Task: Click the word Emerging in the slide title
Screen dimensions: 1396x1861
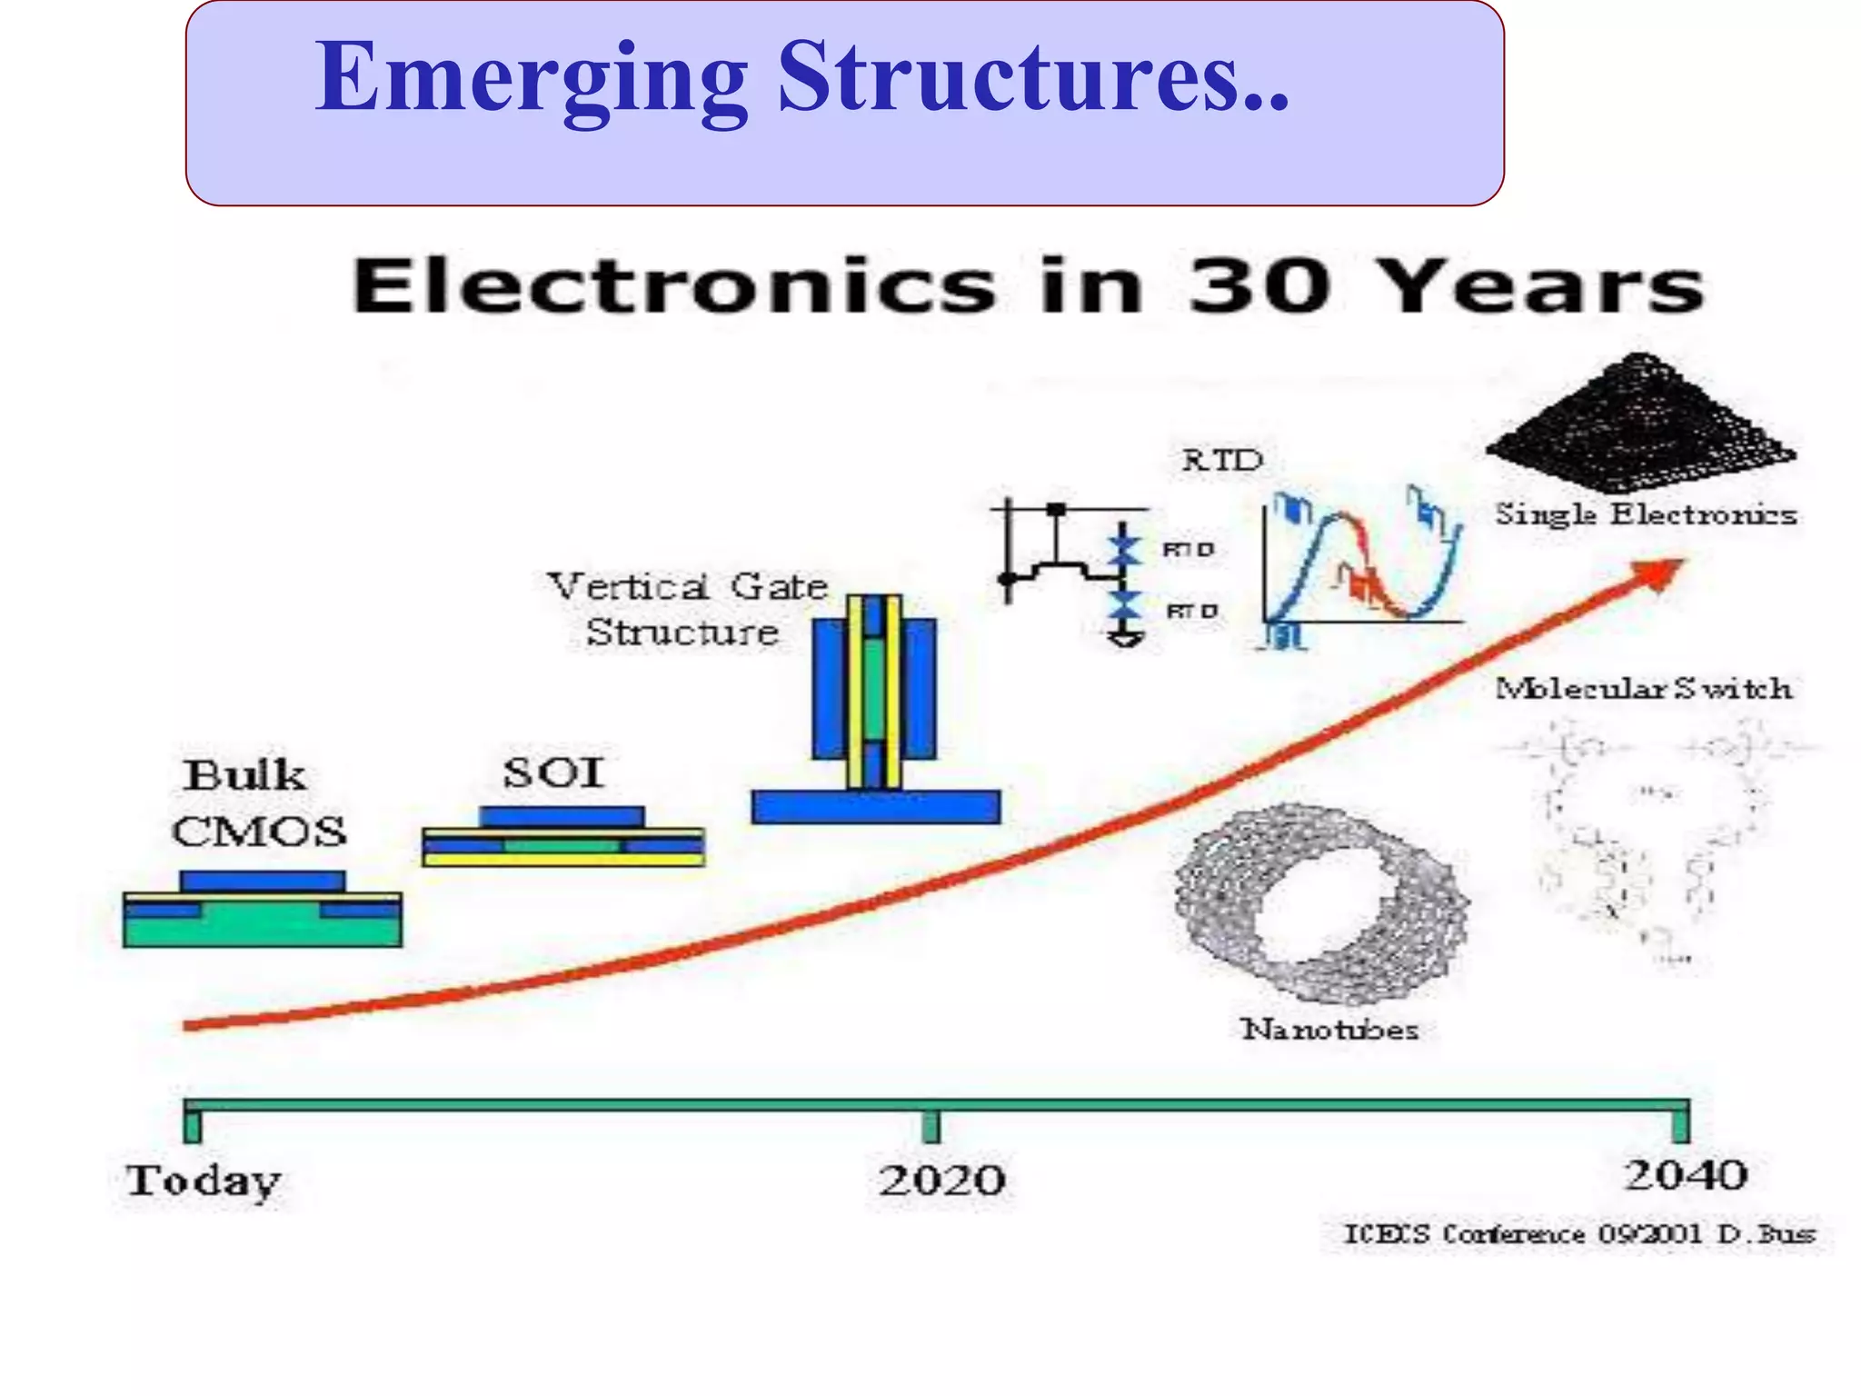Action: point(532,80)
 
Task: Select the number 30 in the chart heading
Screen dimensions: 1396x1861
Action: point(1259,286)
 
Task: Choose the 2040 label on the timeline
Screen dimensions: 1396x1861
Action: point(1686,1175)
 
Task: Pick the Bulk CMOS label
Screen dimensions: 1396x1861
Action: point(259,803)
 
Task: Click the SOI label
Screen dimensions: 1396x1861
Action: point(553,773)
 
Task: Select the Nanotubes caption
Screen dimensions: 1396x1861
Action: point(1329,1030)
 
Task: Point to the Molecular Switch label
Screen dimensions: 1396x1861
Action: point(1644,689)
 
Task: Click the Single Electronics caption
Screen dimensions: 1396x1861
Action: point(1646,514)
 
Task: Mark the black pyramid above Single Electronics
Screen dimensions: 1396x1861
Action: point(1640,423)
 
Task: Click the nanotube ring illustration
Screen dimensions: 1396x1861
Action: point(1322,904)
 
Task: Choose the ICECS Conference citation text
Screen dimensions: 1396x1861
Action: point(1579,1234)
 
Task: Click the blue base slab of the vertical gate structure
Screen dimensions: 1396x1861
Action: point(875,807)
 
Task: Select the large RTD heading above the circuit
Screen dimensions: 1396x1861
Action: point(1222,460)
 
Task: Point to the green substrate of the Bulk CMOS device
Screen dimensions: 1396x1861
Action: point(262,929)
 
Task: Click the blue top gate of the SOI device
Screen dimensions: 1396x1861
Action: point(562,816)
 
